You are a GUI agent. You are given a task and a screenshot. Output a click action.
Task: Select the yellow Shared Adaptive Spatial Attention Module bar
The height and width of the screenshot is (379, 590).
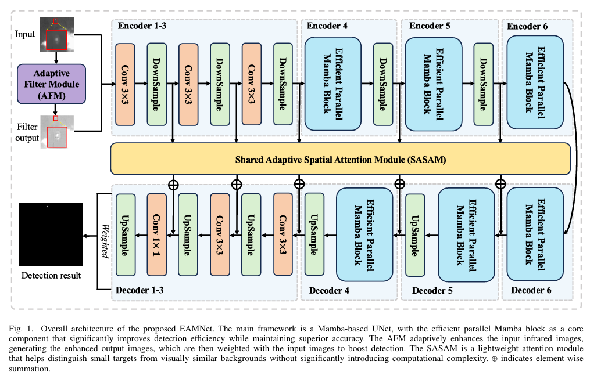(340, 158)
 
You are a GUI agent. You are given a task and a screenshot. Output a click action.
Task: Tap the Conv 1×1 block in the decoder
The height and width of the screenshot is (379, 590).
(157, 234)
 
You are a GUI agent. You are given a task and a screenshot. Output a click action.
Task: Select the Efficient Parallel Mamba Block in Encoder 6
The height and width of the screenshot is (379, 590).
(535, 82)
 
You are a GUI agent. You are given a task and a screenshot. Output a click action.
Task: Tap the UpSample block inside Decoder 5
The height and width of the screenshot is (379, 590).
(414, 234)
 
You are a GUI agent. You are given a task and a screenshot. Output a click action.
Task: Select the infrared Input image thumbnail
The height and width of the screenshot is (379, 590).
(56, 34)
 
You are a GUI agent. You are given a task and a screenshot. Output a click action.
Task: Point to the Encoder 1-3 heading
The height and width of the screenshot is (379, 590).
(142, 26)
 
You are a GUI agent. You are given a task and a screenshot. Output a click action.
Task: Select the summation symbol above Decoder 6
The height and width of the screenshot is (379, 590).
(500, 184)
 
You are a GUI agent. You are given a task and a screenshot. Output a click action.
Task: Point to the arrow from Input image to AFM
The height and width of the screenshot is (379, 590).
(56, 57)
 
